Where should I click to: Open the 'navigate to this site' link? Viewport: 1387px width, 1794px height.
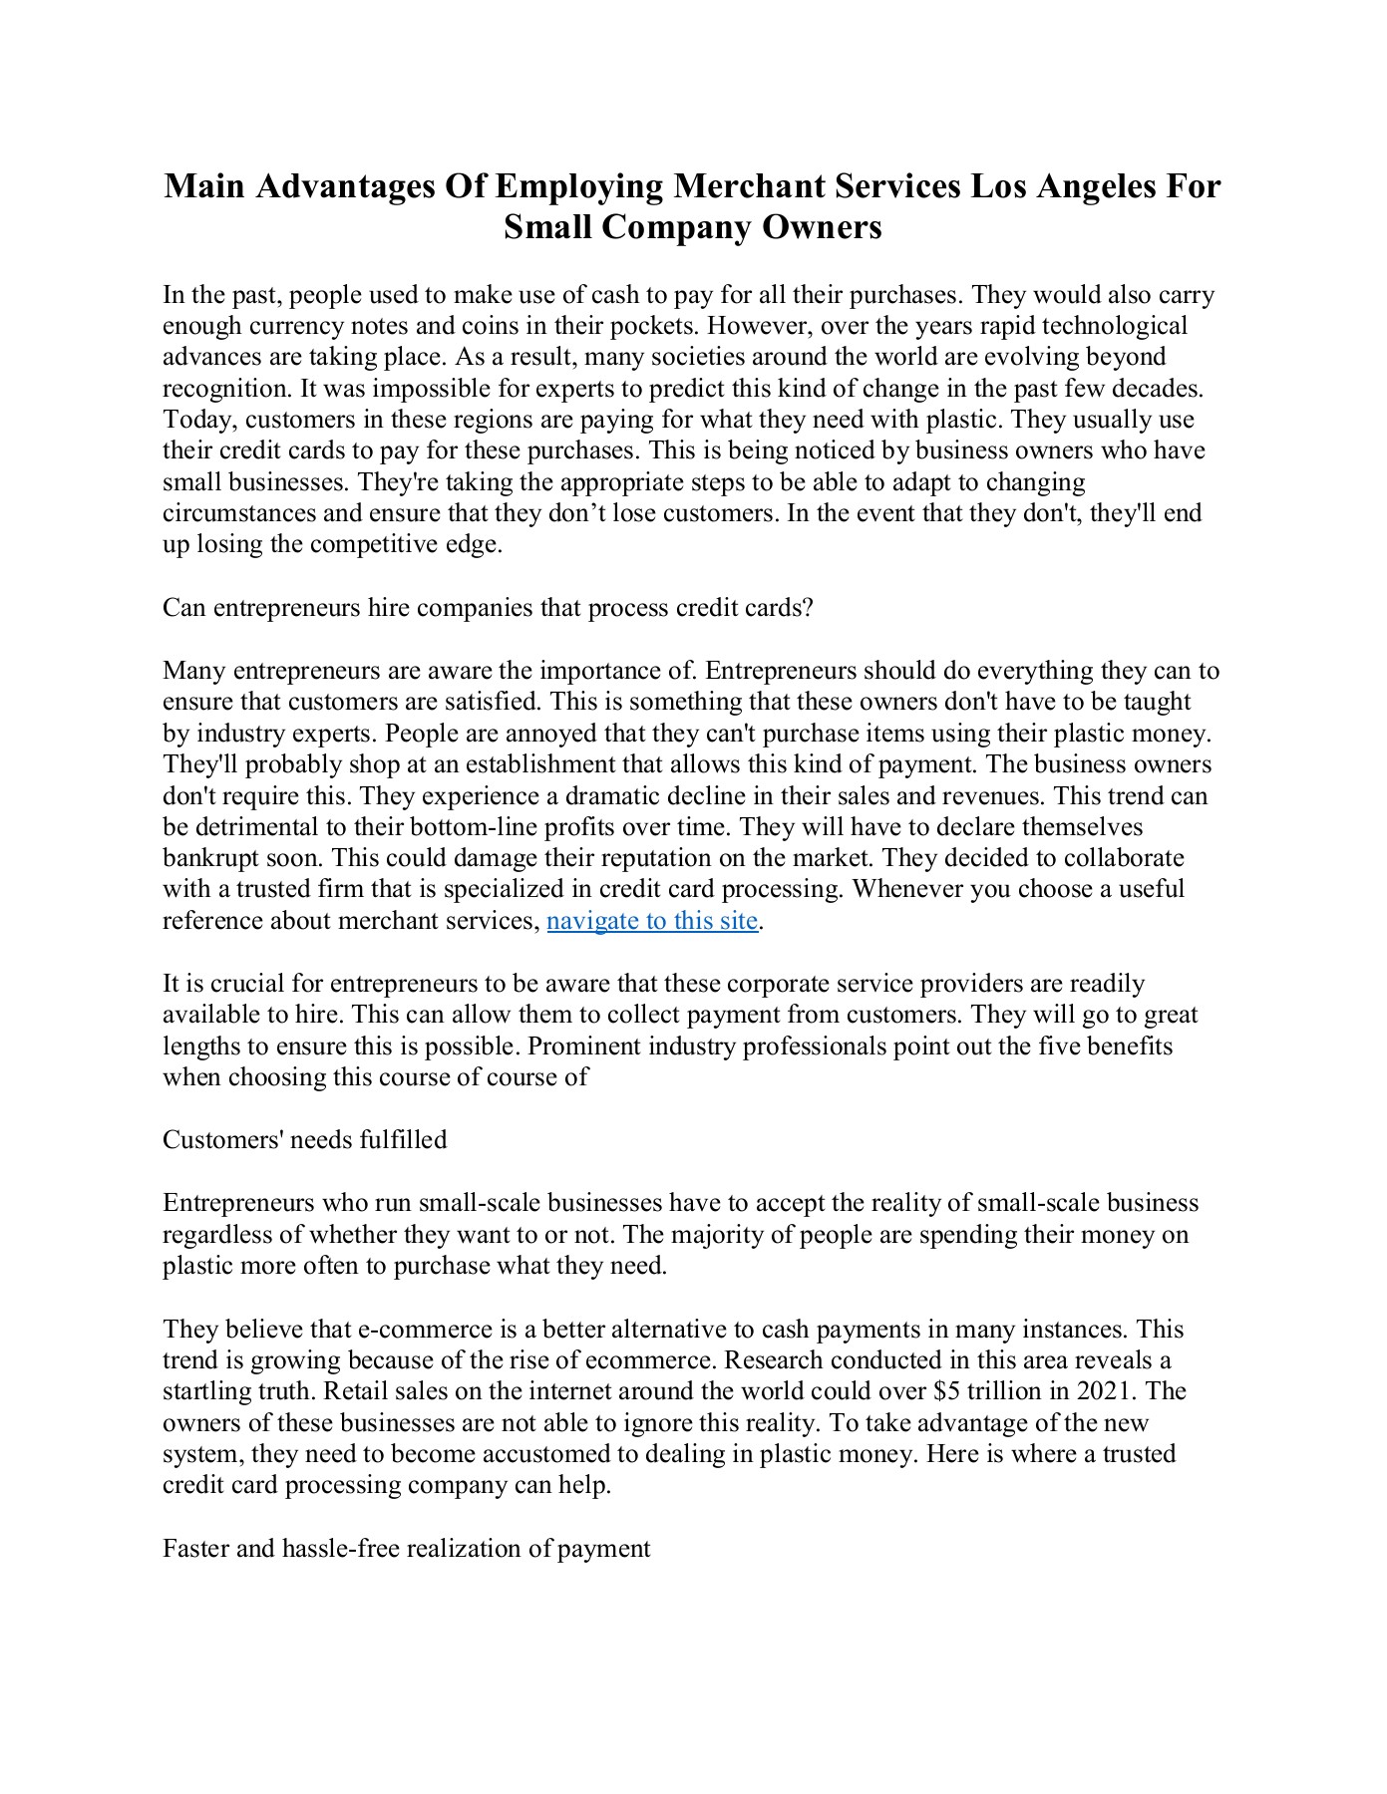pyautogui.click(x=653, y=920)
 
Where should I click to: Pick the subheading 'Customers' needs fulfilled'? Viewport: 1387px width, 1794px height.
pyautogui.click(x=305, y=1140)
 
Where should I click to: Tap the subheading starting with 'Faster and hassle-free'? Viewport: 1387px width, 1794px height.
pyautogui.click(x=407, y=1549)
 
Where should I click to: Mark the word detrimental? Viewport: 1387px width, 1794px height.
pyautogui.click(x=254, y=827)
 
